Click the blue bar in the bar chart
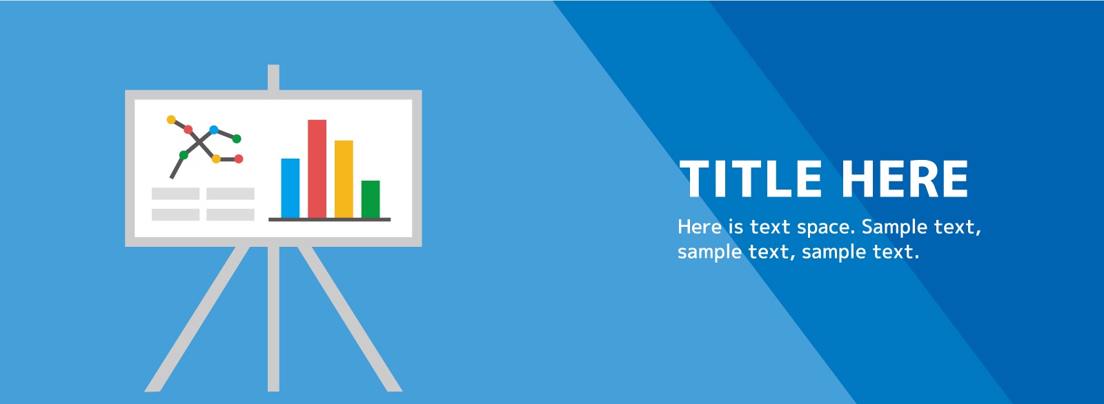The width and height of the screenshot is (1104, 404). (290, 188)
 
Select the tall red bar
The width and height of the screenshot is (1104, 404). (317, 168)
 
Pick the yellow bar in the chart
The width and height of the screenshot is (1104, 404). (344, 179)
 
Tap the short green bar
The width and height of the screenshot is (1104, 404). (371, 199)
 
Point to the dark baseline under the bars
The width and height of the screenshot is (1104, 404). (329, 219)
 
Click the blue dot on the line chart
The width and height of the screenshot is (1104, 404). (213, 130)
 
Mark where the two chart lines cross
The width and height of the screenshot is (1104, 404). (199, 141)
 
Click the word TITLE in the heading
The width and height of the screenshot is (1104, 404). (750, 179)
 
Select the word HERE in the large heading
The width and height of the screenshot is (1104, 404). (905, 179)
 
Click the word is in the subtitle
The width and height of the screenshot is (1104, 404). (736, 226)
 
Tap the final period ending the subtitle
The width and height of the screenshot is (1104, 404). (916, 257)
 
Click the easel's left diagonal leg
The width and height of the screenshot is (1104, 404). (197, 319)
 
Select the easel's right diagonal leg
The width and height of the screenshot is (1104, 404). (350, 319)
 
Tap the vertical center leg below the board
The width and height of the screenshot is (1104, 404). (273, 319)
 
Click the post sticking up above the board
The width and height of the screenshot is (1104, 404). (273, 77)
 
